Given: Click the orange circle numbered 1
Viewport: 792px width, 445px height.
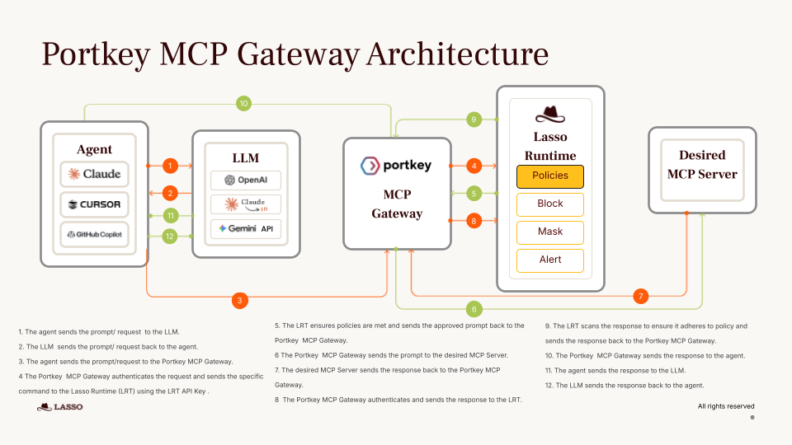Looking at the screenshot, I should click(x=170, y=166).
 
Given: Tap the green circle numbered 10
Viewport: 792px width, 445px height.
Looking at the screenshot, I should click(x=243, y=104).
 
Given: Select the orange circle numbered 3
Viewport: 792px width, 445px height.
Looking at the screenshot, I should click(x=239, y=301).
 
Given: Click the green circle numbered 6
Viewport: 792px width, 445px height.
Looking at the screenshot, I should click(x=474, y=309).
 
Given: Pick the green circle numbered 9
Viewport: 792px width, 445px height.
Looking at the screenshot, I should click(x=474, y=119).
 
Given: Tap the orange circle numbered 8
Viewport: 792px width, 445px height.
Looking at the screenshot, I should click(x=474, y=220).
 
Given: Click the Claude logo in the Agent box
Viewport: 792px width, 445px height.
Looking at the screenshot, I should click(x=95, y=174).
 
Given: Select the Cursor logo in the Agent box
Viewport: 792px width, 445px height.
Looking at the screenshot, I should click(x=95, y=204).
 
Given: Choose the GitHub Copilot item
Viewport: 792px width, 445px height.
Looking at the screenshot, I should click(x=95, y=234).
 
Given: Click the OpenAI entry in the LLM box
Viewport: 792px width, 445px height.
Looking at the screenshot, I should click(x=246, y=180).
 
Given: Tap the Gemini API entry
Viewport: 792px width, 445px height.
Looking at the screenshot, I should click(x=246, y=228).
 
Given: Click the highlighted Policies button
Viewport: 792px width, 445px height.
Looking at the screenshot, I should click(x=550, y=176).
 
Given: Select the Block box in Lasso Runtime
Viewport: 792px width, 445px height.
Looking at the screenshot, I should click(x=550, y=204).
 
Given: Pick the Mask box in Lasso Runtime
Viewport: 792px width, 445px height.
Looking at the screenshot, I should click(x=550, y=232).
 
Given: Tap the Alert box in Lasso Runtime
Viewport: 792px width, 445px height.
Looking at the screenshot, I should click(x=550, y=260).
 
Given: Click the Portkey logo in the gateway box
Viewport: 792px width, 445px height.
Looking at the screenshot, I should click(x=397, y=166).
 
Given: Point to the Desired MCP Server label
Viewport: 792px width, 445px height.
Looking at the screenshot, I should click(x=702, y=164).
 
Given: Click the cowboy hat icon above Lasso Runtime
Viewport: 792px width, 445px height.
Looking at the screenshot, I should click(x=550, y=115).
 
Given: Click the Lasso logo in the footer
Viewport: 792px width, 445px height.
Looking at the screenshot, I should click(x=60, y=407).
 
